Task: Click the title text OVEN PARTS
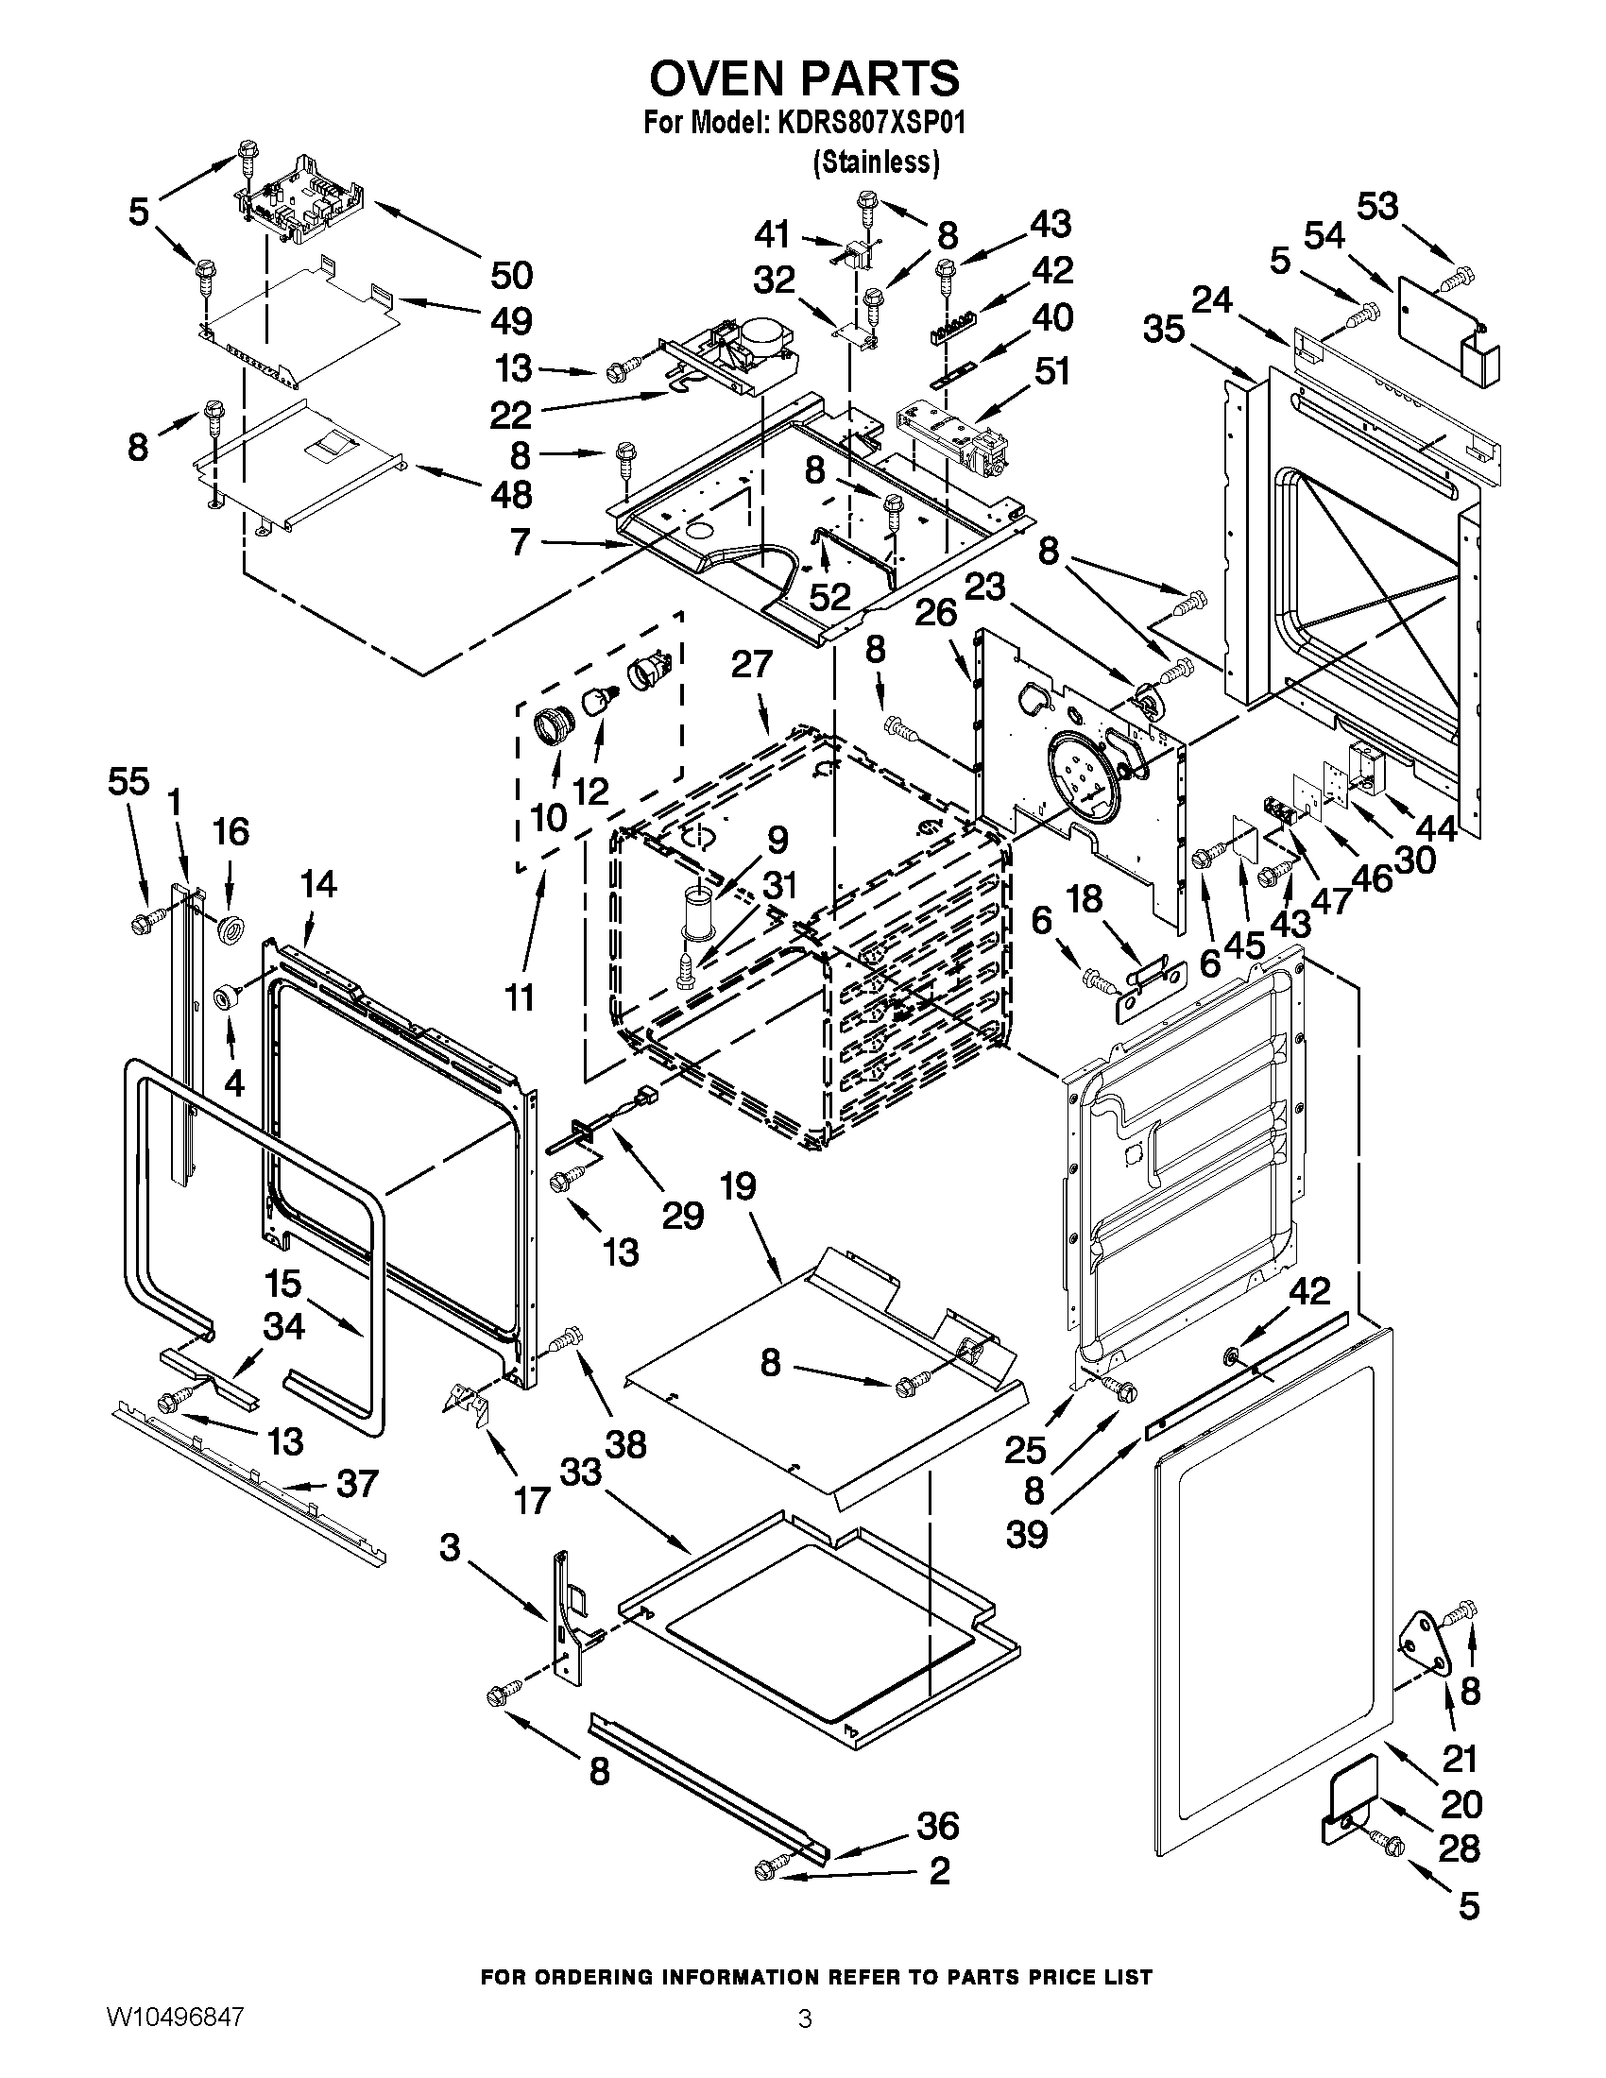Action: (804, 78)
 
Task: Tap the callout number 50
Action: (511, 276)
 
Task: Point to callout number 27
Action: (752, 663)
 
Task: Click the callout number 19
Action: (738, 1186)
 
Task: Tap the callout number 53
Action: (1377, 206)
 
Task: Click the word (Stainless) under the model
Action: (876, 162)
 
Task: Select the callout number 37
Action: (356, 1483)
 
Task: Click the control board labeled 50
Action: (302, 198)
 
